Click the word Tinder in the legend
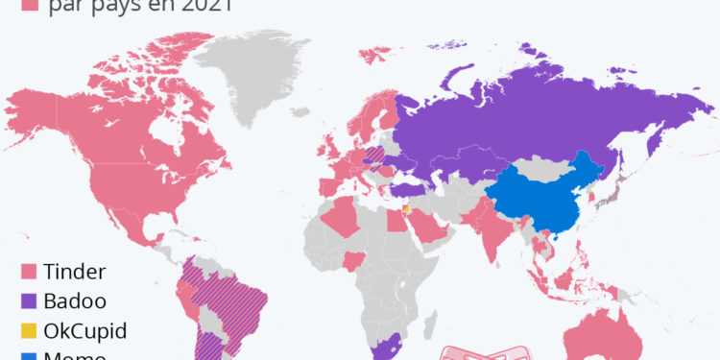(75, 272)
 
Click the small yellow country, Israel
(406, 207)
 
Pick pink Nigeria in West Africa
(355, 260)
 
